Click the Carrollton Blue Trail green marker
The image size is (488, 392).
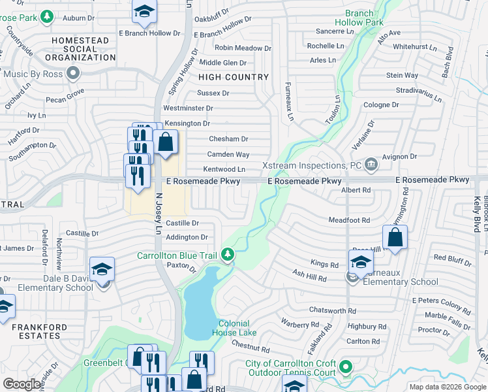click(x=228, y=254)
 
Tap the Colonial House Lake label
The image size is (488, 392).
click(x=234, y=328)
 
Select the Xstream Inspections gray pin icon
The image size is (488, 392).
click(x=371, y=163)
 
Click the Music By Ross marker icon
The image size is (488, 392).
click(x=74, y=73)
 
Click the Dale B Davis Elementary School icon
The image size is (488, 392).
click(x=102, y=269)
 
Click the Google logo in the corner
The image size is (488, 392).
click(x=22, y=384)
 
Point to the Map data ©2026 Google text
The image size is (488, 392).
click(x=447, y=387)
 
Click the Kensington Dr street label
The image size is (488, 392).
click(x=187, y=123)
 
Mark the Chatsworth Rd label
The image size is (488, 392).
click(x=333, y=311)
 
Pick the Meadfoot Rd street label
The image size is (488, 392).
click(x=349, y=220)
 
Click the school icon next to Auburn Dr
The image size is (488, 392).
click(x=144, y=11)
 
